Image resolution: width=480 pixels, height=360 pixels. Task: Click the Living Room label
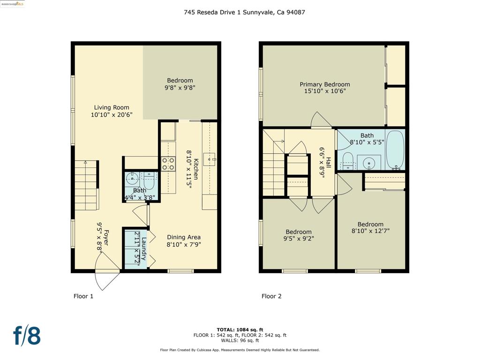(112, 107)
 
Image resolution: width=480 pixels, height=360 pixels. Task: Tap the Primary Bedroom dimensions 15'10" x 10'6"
(325, 91)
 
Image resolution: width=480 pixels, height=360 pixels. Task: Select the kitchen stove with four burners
(168, 164)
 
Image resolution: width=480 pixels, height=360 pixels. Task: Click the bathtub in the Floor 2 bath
(395, 150)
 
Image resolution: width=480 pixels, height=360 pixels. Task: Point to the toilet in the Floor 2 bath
(347, 161)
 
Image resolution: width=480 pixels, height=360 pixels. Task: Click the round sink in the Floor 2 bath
(369, 163)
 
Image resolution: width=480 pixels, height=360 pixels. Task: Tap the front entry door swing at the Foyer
(107, 271)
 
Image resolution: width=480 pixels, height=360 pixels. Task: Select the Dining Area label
(184, 237)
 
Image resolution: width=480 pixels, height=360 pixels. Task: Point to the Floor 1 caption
(83, 296)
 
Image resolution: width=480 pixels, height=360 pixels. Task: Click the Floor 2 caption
(271, 296)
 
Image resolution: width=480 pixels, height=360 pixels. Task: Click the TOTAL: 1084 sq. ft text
(240, 330)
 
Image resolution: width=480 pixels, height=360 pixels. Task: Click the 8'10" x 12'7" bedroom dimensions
(370, 231)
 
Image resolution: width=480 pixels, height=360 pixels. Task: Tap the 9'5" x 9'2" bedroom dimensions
(299, 239)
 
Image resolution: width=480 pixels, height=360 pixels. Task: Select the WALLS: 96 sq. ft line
(240, 340)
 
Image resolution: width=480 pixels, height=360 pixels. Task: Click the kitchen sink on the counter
(210, 159)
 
